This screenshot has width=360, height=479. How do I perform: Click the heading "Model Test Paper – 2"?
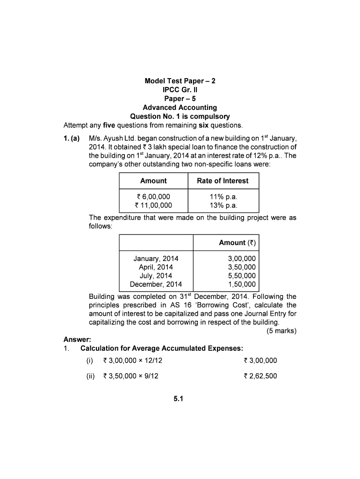180,81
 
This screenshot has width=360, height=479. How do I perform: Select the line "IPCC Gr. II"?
180,90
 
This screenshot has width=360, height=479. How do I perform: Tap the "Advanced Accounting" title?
180,108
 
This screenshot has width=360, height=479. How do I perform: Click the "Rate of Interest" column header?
223,181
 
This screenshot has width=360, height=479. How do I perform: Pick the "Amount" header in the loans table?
153,181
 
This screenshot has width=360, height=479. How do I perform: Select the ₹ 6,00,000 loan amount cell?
153,196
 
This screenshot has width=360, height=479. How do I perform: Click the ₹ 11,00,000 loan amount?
153,205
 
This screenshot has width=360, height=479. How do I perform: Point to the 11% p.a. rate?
223,196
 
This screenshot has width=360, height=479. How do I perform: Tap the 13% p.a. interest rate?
223,205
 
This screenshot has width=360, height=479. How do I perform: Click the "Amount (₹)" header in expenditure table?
237,242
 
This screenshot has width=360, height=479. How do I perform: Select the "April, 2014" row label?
156,267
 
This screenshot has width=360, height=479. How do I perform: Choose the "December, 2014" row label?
156,284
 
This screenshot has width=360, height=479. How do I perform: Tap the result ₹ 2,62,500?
260,376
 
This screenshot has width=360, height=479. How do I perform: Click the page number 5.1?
180,399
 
